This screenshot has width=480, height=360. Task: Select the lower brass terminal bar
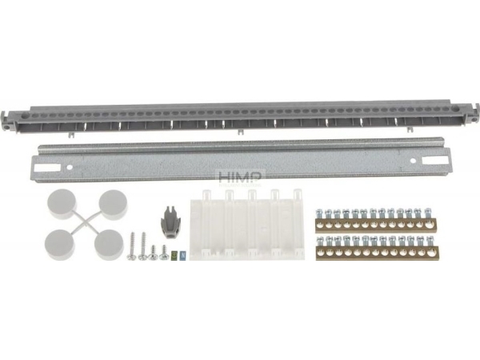pyautogui.click(x=376, y=250)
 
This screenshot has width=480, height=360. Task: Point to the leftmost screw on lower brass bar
pyautogui.click(x=321, y=242)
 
